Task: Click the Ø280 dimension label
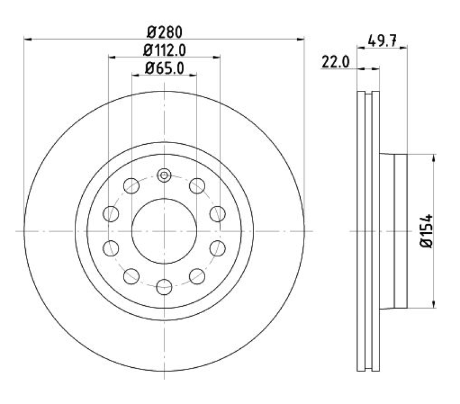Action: pyautogui.click(x=164, y=32)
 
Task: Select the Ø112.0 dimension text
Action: pyautogui.click(x=164, y=51)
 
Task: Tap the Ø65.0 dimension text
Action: pyautogui.click(x=164, y=68)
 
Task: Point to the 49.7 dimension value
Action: pyautogui.click(x=382, y=40)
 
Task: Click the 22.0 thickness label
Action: pyautogui.click(x=336, y=62)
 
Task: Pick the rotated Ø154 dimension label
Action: pyautogui.click(x=427, y=231)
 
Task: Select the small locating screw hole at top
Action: pyautogui.click(x=164, y=175)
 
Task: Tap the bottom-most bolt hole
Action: pyautogui.click(x=164, y=287)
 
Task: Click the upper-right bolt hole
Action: pyautogui.click(x=197, y=186)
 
